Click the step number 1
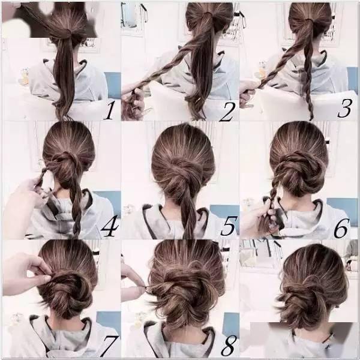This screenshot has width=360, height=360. tap(110, 110)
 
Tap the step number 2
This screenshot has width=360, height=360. tap(227, 112)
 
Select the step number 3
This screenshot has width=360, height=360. tap(344, 109)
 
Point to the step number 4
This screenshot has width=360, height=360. tap(110, 226)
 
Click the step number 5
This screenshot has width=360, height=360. tap(228, 226)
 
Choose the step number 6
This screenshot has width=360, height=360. tap(341, 228)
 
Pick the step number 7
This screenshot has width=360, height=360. tap(110, 346)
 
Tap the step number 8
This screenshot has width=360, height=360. tap(228, 346)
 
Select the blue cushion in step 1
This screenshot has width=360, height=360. tap(113, 85)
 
